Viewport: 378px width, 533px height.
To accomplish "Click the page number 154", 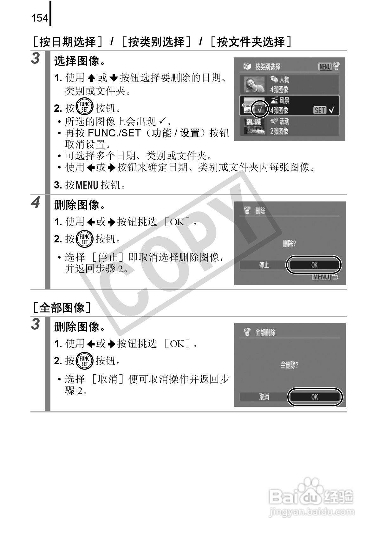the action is pyautogui.click(x=40, y=18).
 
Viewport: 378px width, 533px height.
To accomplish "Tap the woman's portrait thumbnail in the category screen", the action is pyautogui.click(x=254, y=84).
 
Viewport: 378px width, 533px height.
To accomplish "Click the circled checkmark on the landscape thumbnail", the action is pyautogui.click(x=259, y=109).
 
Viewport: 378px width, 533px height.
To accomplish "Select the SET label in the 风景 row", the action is pyautogui.click(x=320, y=110).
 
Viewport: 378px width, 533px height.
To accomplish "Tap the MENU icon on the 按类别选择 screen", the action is pyautogui.click(x=325, y=67).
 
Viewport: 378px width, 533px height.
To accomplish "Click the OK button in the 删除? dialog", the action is pyautogui.click(x=314, y=265).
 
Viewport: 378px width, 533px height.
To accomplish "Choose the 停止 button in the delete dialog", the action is pyautogui.click(x=264, y=265).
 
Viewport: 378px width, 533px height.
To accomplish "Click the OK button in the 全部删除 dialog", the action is pyautogui.click(x=315, y=397).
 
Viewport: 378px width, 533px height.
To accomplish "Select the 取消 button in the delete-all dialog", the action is pyautogui.click(x=264, y=397).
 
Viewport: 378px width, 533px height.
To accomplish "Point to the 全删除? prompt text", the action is pyautogui.click(x=289, y=365).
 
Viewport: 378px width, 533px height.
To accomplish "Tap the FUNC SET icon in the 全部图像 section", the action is pyautogui.click(x=85, y=361).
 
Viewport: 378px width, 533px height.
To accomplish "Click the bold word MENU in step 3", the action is pyautogui.click(x=87, y=185).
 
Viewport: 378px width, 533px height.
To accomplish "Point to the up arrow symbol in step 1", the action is pyautogui.click(x=91, y=78).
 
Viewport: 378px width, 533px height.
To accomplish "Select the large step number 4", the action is pyautogui.click(x=36, y=202).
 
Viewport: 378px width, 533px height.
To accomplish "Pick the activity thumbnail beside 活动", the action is pyautogui.click(x=254, y=126).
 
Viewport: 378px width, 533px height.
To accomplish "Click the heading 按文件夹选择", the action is pyautogui.click(x=251, y=42).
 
